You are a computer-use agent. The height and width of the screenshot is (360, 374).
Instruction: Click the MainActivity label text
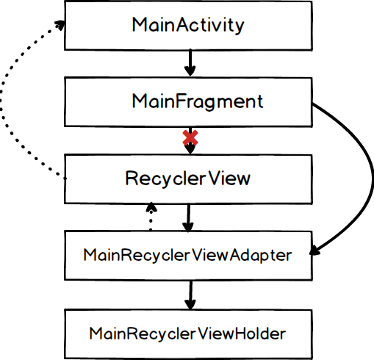(188, 25)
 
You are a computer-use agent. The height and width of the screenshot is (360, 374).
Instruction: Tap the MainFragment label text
(198, 101)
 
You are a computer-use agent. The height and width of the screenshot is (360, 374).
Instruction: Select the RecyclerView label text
(188, 179)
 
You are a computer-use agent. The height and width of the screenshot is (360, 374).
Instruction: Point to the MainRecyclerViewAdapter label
(187, 256)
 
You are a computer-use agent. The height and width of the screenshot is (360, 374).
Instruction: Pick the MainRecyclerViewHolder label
(187, 334)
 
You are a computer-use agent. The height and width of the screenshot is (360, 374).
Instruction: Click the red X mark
(190, 137)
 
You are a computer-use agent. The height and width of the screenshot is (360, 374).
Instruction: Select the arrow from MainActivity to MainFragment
(190, 62)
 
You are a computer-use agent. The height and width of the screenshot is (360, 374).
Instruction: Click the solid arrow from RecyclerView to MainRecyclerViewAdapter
(188, 217)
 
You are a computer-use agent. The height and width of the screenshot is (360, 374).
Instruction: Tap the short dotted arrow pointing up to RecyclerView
(151, 216)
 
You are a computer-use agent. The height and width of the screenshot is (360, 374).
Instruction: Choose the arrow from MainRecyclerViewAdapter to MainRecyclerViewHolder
(190, 295)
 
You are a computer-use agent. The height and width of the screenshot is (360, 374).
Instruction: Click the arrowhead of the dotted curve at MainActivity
(60, 25)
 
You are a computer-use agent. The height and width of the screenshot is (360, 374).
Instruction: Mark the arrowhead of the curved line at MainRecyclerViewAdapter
(315, 251)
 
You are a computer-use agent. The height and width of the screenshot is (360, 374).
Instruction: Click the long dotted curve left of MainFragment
(1, 103)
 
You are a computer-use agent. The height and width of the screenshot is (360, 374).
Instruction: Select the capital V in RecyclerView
(215, 178)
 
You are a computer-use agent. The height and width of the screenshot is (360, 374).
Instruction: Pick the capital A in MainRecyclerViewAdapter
(236, 255)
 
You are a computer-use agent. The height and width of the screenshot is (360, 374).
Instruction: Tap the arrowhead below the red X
(190, 149)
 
